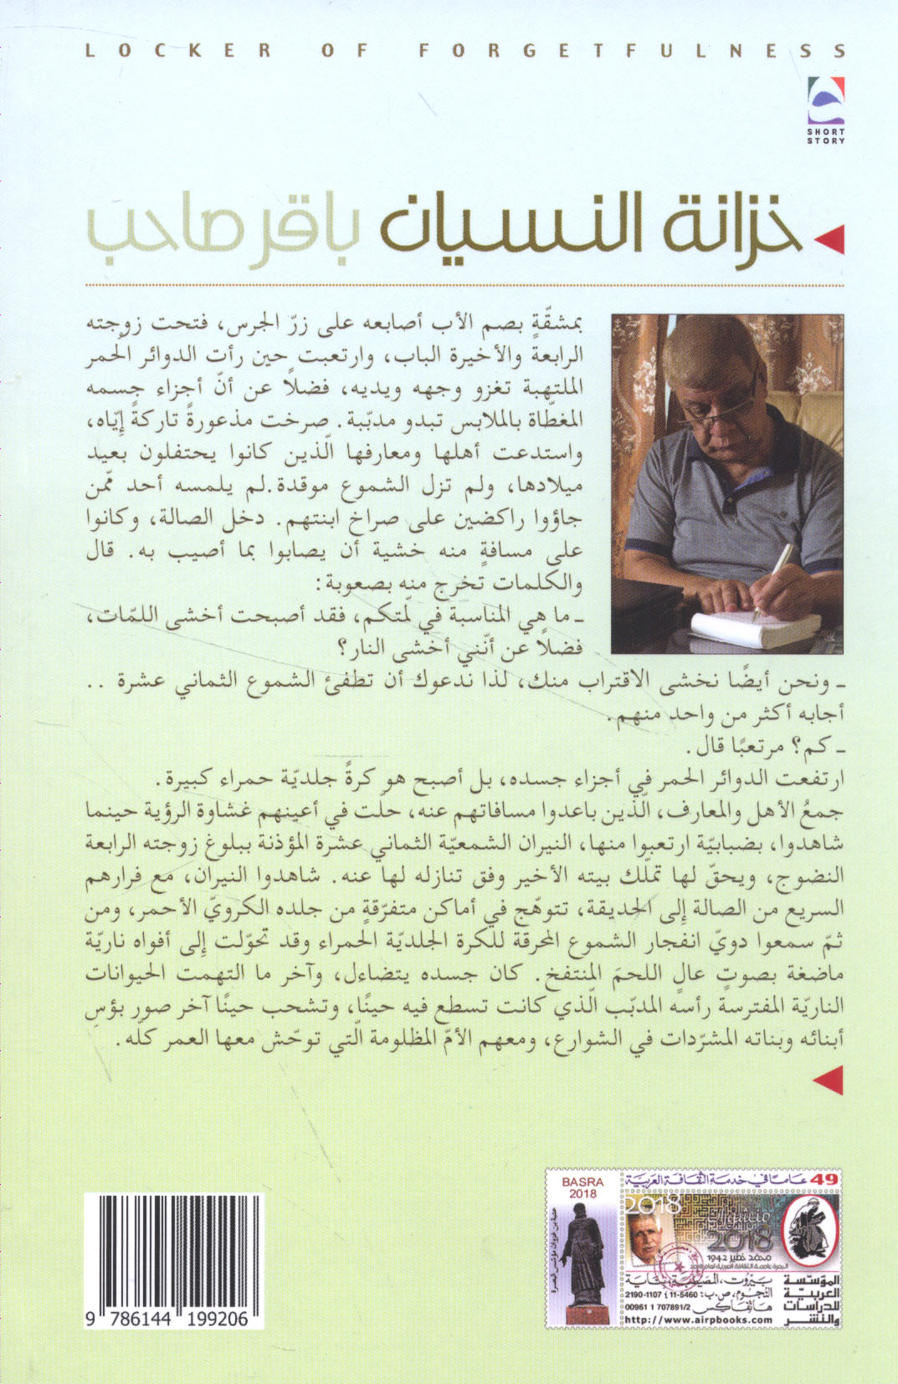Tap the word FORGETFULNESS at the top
(632, 51)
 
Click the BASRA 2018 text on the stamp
(582, 1188)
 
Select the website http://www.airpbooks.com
(700, 1319)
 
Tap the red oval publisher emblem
(810, 1234)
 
